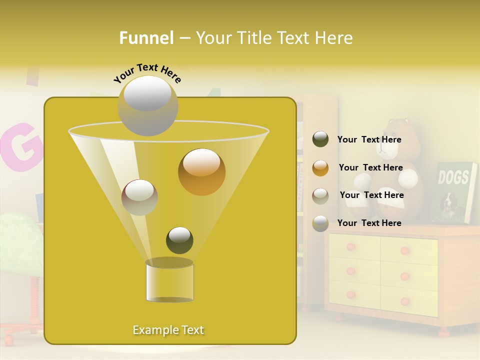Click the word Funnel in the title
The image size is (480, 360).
[146, 38]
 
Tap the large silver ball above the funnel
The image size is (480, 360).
[147, 105]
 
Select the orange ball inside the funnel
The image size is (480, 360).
[201, 171]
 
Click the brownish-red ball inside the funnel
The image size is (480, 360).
[139, 197]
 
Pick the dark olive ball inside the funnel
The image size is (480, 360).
[179, 240]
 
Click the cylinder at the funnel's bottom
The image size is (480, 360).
[169, 281]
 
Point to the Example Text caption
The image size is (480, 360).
[168, 330]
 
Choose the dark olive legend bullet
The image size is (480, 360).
[320, 139]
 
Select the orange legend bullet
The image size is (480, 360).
[320, 168]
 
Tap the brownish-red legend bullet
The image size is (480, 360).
[320, 195]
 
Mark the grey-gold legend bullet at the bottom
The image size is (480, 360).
[320, 223]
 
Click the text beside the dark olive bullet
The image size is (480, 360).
[369, 139]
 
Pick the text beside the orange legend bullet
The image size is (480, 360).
[370, 167]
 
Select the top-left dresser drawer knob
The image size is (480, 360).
[350, 247]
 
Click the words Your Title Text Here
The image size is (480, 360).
[274, 38]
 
